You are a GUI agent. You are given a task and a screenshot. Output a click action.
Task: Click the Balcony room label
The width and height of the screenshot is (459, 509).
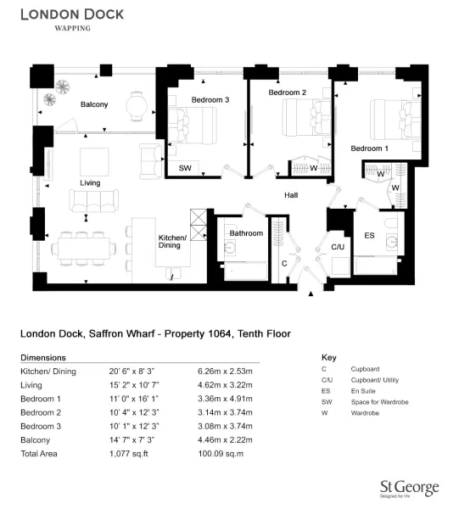point(94,104)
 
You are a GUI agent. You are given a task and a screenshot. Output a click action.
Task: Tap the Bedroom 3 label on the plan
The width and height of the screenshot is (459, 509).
point(210,100)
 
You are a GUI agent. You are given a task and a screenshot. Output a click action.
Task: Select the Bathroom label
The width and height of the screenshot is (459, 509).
point(246,233)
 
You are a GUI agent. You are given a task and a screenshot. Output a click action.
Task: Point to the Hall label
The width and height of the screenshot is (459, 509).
point(291,195)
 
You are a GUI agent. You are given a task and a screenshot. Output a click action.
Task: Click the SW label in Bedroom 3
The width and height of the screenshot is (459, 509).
point(185,168)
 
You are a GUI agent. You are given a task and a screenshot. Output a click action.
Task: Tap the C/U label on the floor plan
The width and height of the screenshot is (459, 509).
point(338,247)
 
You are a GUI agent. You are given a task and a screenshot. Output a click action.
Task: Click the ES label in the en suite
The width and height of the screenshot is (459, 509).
point(369,235)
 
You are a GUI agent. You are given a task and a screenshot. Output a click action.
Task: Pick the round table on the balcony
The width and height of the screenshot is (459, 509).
point(137,106)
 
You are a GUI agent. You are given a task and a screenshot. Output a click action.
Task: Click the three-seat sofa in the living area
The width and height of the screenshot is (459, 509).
point(93,201)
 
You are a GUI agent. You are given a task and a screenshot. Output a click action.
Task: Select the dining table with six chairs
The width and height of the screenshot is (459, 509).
point(84,249)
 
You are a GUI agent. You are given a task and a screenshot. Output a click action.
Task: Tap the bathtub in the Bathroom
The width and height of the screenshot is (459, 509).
point(246,271)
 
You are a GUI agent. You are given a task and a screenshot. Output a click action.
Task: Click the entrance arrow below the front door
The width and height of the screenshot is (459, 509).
point(311,294)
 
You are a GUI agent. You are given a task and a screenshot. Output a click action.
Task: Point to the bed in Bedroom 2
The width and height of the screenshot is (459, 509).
point(306,118)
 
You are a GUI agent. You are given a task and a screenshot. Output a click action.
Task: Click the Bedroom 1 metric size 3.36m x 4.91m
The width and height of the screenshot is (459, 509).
point(225,399)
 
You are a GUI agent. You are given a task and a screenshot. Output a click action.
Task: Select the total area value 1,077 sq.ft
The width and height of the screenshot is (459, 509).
point(129,454)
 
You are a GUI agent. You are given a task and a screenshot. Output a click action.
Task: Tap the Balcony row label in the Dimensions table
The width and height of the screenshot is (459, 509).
point(35,440)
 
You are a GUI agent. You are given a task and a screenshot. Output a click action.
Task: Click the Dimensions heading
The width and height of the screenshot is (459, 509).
point(43,357)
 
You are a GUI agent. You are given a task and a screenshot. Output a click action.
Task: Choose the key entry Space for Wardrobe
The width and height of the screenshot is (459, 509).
point(379,402)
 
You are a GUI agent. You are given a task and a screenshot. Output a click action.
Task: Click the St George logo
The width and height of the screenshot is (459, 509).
point(410,489)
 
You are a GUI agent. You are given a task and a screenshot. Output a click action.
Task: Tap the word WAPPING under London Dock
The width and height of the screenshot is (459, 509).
point(72,28)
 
